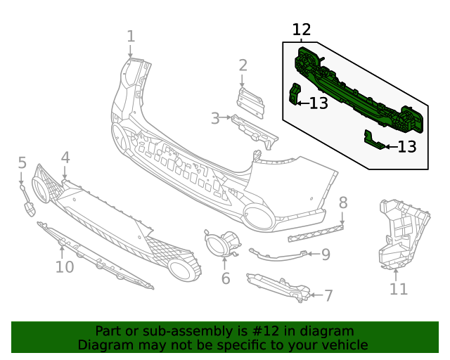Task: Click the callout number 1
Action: (131, 36)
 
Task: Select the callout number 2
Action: (243, 65)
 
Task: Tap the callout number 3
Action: (216, 118)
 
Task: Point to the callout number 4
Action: (65, 157)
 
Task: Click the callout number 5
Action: (22, 163)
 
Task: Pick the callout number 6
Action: (225, 278)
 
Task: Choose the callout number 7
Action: (328, 295)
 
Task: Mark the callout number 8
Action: (343, 203)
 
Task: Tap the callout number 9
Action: (326, 255)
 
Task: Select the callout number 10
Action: (64, 267)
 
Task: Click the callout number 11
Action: (399, 288)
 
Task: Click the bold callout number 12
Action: (301, 30)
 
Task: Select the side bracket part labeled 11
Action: (401, 232)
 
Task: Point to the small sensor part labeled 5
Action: (30, 208)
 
